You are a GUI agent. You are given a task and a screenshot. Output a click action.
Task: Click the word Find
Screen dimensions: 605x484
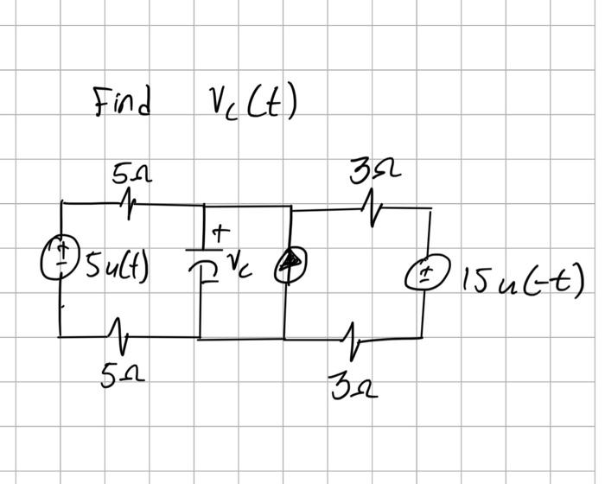[123, 103]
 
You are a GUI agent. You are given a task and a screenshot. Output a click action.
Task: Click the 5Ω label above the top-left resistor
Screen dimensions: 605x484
[132, 175]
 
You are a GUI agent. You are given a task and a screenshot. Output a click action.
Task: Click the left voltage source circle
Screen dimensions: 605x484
[60, 255]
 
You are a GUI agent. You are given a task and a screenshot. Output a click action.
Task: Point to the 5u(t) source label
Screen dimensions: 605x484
[115, 261]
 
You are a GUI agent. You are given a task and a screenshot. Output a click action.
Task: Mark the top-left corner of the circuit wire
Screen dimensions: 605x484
[60, 203]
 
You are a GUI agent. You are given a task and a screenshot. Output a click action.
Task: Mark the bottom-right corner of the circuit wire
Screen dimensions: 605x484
[423, 336]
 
